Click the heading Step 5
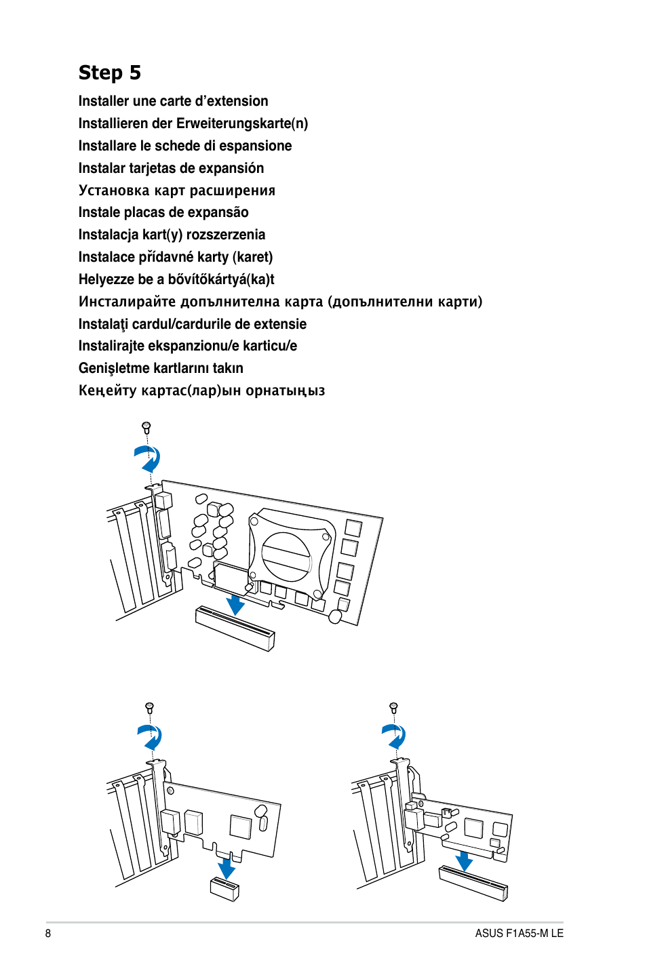click(x=109, y=73)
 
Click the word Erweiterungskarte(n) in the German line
click(x=242, y=123)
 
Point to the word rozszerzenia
click(x=226, y=235)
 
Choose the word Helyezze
click(x=106, y=279)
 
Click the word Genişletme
click(x=114, y=368)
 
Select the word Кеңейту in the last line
click(x=108, y=391)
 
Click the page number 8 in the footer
click(x=48, y=933)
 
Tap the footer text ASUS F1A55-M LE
click(x=519, y=933)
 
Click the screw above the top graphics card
click(x=146, y=427)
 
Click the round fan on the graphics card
click(x=286, y=556)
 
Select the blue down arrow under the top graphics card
click(x=235, y=603)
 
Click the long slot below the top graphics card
click(x=235, y=629)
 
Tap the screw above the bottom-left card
click(x=150, y=707)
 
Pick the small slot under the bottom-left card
click(x=224, y=888)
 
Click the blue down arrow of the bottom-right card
click(x=464, y=861)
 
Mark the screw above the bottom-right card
click(x=393, y=707)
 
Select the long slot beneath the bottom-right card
click(x=473, y=883)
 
